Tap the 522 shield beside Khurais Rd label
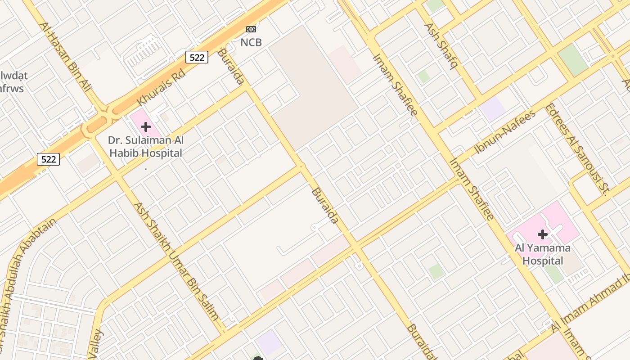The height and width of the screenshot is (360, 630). pyautogui.click(x=197, y=57)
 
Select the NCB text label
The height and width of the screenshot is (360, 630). pyautogui.click(x=251, y=43)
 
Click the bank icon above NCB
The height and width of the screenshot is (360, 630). pyautogui.click(x=251, y=29)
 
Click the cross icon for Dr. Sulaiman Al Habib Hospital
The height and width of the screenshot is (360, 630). pyautogui.click(x=145, y=126)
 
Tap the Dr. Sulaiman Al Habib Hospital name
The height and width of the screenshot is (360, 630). pyautogui.click(x=146, y=147)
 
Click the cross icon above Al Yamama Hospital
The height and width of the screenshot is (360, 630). pyautogui.click(x=543, y=234)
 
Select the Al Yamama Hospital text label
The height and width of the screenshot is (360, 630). pyautogui.click(x=543, y=254)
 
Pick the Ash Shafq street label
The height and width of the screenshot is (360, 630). pyautogui.click(x=441, y=46)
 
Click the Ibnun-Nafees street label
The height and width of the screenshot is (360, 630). pyautogui.click(x=505, y=131)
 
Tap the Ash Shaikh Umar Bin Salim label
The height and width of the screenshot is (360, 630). pyautogui.click(x=176, y=261)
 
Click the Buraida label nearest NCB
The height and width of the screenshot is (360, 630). pyautogui.click(x=230, y=67)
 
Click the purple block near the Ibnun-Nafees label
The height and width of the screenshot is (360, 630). pyautogui.click(x=493, y=108)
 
